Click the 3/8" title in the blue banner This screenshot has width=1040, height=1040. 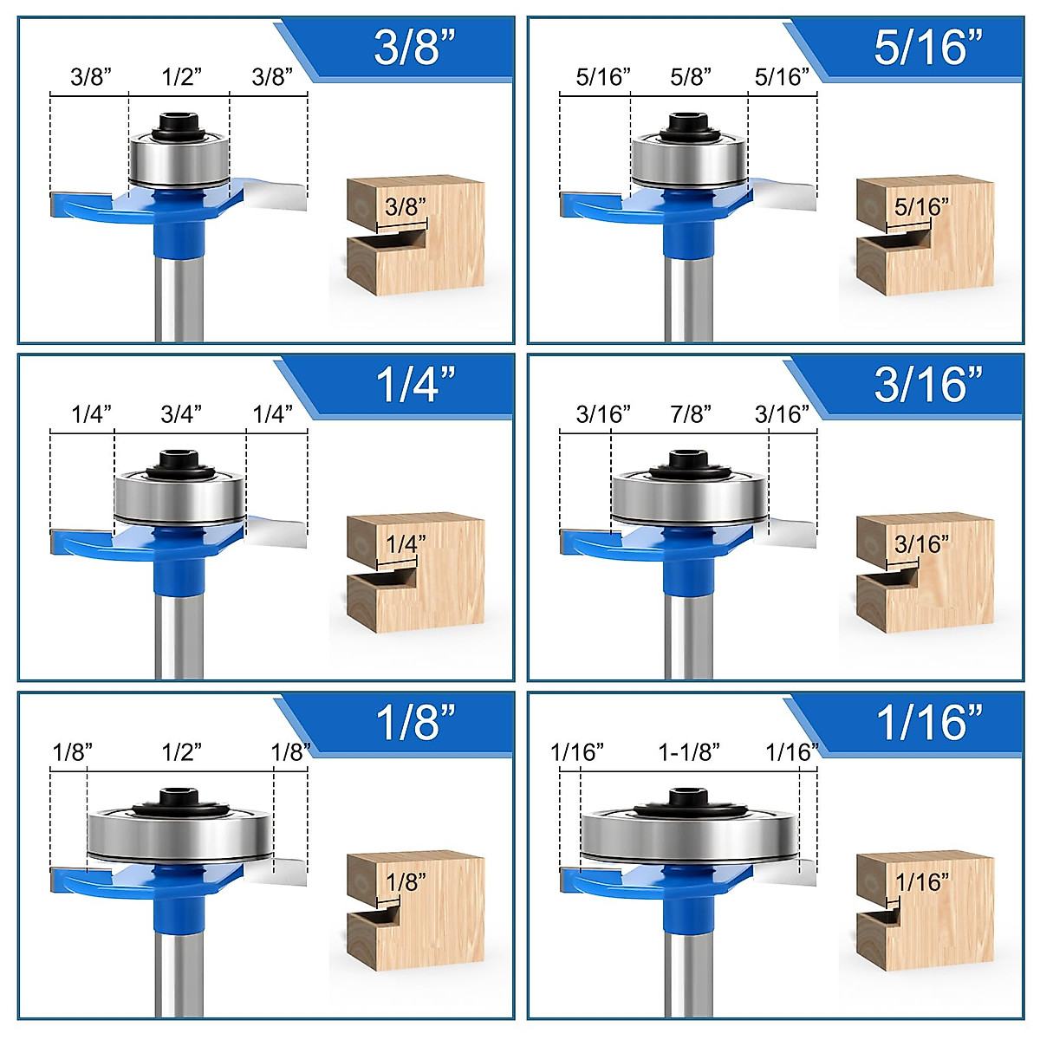[x=414, y=48]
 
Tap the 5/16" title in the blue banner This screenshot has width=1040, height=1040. [x=928, y=48]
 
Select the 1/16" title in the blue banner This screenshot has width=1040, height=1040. [x=929, y=722]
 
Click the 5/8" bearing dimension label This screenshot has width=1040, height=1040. [x=690, y=77]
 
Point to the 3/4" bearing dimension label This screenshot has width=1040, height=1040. [x=181, y=414]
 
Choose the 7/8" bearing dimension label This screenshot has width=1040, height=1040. [x=691, y=414]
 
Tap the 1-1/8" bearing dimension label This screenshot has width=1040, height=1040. [x=689, y=751]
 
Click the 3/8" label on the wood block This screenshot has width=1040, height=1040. [x=406, y=206]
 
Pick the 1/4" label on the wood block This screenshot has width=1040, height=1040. [x=406, y=543]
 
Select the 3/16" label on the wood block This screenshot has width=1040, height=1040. [x=921, y=543]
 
